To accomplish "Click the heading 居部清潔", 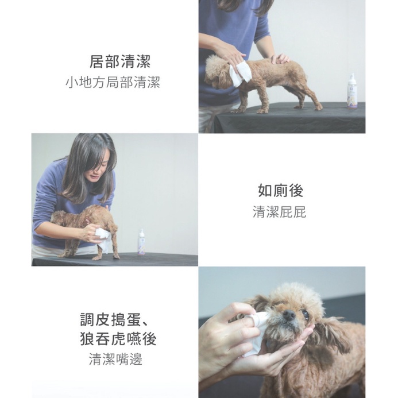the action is click(120, 61).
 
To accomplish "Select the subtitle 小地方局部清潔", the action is click(113, 82).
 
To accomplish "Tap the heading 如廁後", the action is click(280, 191).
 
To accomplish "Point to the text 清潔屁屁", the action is click(280, 212).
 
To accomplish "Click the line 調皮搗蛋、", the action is click(114, 319).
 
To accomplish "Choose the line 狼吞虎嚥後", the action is click(118, 339).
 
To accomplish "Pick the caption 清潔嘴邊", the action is click(115, 359).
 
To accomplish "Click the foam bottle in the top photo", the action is click(352, 91).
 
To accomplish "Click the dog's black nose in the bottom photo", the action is click(289, 315).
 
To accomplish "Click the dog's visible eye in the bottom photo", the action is click(306, 315).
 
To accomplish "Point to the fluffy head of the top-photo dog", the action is click(216, 71).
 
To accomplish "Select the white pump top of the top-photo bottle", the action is click(352, 79).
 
